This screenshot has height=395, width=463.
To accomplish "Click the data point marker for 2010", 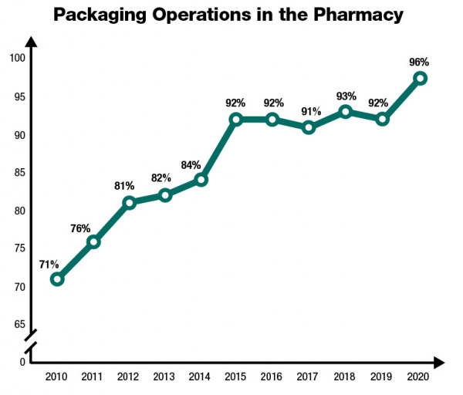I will (x=56, y=279).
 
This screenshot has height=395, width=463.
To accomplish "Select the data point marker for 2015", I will (x=236, y=120).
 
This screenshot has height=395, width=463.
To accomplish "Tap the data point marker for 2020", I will (x=420, y=78).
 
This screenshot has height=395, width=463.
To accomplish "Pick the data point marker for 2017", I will (x=309, y=127).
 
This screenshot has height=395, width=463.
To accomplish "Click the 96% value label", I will (x=419, y=62).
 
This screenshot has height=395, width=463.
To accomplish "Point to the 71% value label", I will (x=49, y=264).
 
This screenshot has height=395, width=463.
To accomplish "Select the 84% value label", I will (x=191, y=164).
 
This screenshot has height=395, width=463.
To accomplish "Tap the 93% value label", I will (x=346, y=96).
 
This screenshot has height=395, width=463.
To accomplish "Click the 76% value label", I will (x=80, y=228).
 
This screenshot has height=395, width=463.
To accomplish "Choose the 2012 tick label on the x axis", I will (x=128, y=377).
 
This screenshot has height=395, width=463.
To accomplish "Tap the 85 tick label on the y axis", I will (x=19, y=173).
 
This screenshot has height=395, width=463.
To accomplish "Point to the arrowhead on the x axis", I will (x=438, y=362).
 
